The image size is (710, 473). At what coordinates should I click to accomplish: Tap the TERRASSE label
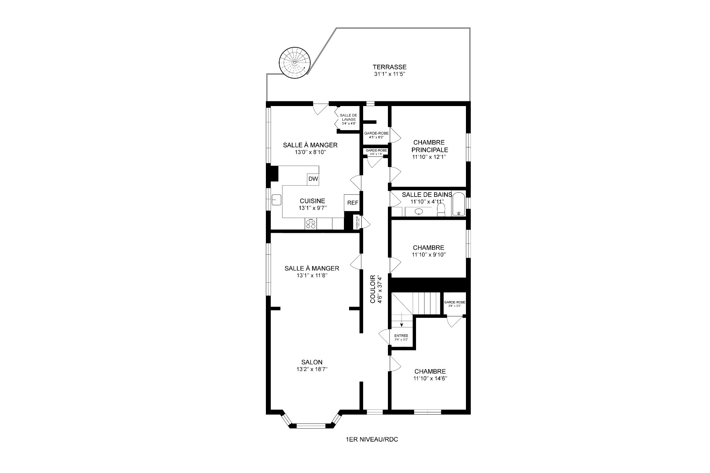point(389,67)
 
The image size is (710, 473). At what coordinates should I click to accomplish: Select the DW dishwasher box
point(313,179)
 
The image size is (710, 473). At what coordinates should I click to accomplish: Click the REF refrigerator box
point(352,203)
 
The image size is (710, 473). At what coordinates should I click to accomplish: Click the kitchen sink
point(277,200)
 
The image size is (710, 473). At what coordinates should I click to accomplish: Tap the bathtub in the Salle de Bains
point(459,204)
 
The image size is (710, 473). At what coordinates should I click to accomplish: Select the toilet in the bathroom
point(441,210)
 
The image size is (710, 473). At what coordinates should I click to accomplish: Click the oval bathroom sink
point(419,212)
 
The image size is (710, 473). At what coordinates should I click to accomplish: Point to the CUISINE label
point(312,201)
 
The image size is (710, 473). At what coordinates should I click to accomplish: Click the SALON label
point(312,363)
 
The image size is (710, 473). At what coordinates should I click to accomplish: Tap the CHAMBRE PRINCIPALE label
point(429,146)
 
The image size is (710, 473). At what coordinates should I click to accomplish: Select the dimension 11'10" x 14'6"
point(430,378)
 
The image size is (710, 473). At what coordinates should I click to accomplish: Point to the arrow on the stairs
point(402,322)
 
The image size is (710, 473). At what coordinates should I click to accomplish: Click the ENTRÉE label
point(401,336)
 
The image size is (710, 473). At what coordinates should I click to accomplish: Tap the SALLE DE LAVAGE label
point(348,117)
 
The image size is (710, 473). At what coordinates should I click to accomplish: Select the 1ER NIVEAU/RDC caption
point(372,440)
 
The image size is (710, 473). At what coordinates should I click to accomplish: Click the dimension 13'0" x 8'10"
point(310,152)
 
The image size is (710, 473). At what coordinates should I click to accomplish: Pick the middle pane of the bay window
point(311,426)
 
